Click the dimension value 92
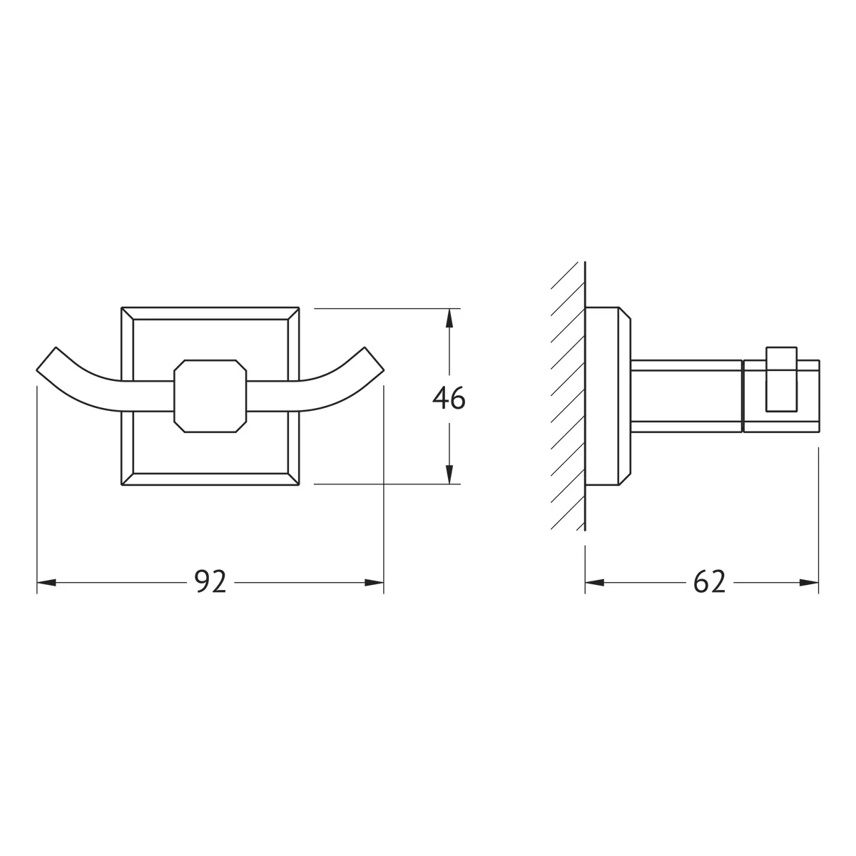(x=210, y=581)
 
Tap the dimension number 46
(x=449, y=398)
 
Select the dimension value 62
(x=709, y=581)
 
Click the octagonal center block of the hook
(x=210, y=396)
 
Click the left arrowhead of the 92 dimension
(x=46, y=582)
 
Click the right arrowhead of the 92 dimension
(x=374, y=582)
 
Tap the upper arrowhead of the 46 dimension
(x=449, y=318)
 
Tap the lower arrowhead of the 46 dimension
(x=449, y=474)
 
